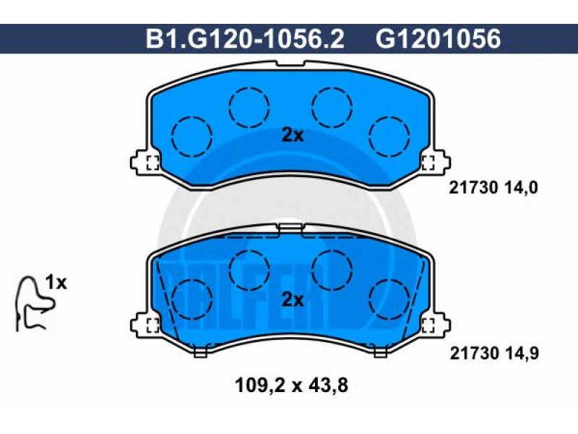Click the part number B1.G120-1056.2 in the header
[x=245, y=38]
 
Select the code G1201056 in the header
[x=439, y=38]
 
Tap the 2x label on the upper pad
[x=293, y=136]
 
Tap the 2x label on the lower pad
[x=293, y=300]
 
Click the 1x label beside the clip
[x=56, y=283]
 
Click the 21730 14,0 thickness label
[x=493, y=188]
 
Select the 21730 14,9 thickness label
[x=494, y=354]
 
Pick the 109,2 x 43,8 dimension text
[x=291, y=386]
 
